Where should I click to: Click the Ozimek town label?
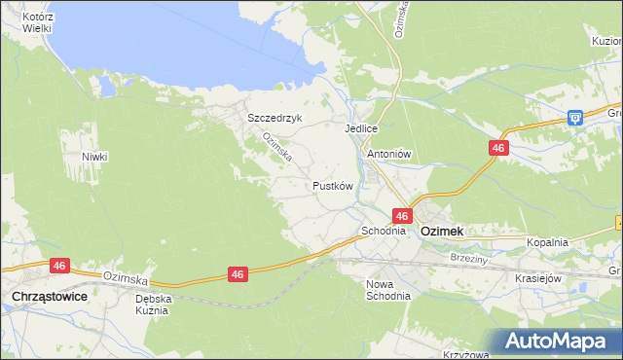click(x=441, y=233)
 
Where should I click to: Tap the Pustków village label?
click(x=331, y=185)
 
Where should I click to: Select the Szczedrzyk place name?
click(x=275, y=118)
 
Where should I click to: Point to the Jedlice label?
click(x=360, y=128)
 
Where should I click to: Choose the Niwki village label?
click(x=94, y=157)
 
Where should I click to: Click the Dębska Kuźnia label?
click(x=154, y=305)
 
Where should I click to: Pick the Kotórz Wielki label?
click(x=37, y=23)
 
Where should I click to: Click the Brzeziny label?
click(x=470, y=258)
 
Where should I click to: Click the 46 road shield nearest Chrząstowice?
click(x=59, y=265)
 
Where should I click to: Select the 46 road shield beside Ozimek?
click(x=402, y=215)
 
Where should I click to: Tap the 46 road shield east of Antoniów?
click(x=498, y=147)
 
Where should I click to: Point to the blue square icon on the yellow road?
click(x=575, y=118)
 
